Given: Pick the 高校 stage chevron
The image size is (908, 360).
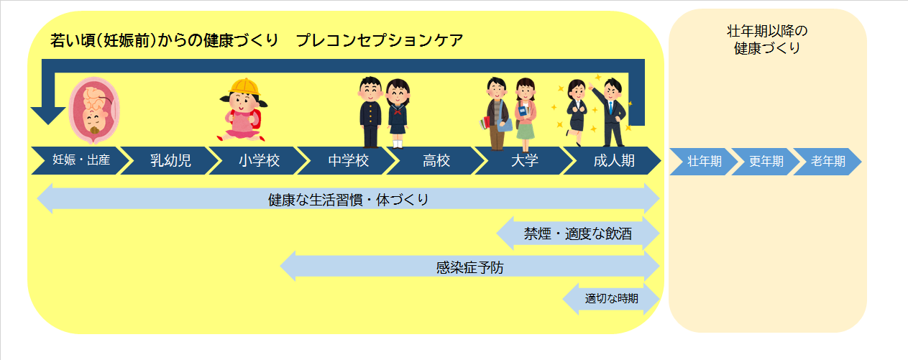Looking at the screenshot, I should click(436, 160).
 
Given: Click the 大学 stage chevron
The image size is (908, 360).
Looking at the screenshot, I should click(524, 160).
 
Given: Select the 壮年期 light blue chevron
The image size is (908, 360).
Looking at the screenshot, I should click(704, 161).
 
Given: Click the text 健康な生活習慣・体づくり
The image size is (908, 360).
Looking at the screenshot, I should click(348, 199).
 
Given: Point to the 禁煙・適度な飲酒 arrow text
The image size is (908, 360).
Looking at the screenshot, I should click(578, 234).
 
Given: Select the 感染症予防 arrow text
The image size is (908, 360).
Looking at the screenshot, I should click(470, 267).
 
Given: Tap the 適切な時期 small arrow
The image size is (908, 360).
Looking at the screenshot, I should click(611, 298).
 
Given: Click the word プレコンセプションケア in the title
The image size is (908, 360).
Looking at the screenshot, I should click(379, 41).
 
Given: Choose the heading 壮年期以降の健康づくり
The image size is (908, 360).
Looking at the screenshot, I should click(767, 40).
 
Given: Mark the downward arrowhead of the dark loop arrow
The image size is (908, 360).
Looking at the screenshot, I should click(47, 114).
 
